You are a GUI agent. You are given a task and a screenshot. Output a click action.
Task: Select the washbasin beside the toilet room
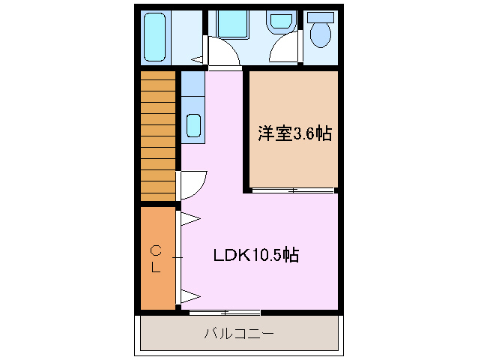point(280,22)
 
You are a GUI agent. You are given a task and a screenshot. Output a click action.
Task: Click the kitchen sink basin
point(193,125)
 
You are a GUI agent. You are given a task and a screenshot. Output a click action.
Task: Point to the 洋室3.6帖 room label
point(294,134)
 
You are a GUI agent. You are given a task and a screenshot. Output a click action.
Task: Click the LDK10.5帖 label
point(256,255)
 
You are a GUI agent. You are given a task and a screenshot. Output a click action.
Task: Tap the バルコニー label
point(238,333)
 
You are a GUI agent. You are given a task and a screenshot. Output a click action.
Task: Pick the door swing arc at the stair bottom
point(194,184)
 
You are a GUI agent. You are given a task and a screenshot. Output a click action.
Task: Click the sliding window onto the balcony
point(224,312)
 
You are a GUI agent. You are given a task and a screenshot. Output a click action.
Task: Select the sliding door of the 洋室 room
point(292,190)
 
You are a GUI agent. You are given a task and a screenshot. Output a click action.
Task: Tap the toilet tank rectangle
point(321,16)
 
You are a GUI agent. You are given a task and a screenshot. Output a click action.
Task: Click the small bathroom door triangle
point(198,58)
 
